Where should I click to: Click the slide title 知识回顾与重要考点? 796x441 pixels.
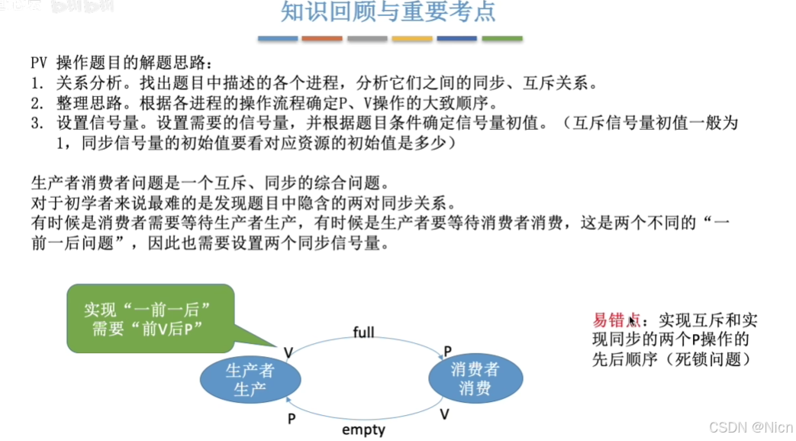(389, 14)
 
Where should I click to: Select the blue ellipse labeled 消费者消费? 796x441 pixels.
(475, 378)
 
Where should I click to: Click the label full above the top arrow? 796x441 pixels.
(364, 332)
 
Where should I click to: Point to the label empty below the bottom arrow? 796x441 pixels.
(363, 430)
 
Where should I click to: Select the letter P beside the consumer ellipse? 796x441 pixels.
(448, 352)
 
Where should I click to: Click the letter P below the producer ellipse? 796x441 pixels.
(291, 418)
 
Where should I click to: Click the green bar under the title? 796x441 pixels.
(501, 38)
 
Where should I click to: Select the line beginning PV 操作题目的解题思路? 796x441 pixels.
(118, 63)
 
